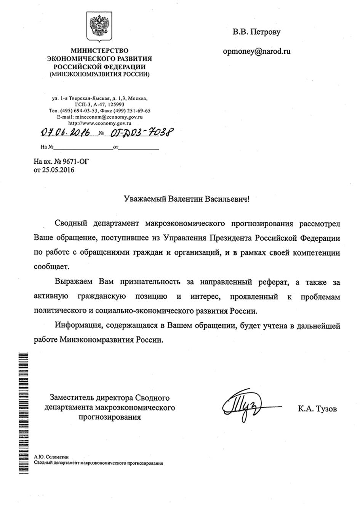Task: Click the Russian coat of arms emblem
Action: click(x=99, y=27)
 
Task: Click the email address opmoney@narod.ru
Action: click(x=257, y=51)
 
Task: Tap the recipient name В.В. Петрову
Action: click(x=257, y=32)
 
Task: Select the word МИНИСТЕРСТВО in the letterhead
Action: click(x=99, y=51)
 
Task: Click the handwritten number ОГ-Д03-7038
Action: click(x=140, y=133)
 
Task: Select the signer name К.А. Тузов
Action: click(x=318, y=410)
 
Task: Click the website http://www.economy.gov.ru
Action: click(x=99, y=123)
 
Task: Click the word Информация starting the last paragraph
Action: click(x=79, y=326)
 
